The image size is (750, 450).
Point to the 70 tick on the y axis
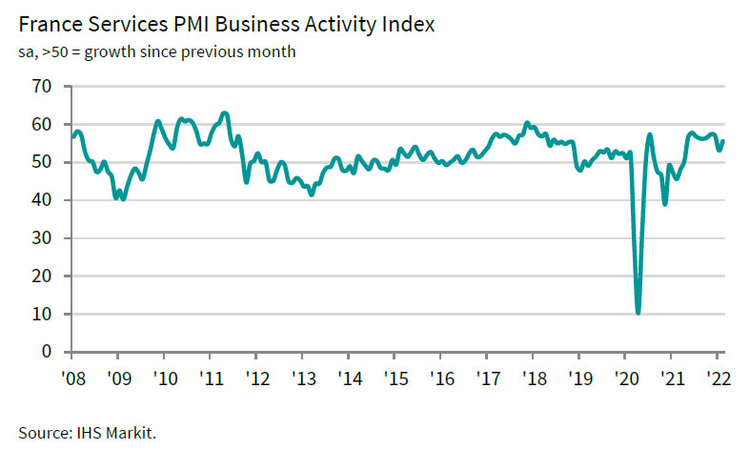click(x=48, y=87)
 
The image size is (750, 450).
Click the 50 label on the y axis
click(x=48, y=162)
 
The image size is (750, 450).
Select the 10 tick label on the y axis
click(x=48, y=314)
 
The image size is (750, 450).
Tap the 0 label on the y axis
click(x=52, y=352)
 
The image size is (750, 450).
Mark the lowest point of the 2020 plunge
click(x=638, y=312)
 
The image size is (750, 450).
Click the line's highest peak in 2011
click(x=224, y=113)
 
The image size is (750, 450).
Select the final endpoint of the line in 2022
click(x=722, y=141)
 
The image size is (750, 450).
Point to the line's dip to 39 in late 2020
click(x=664, y=204)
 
